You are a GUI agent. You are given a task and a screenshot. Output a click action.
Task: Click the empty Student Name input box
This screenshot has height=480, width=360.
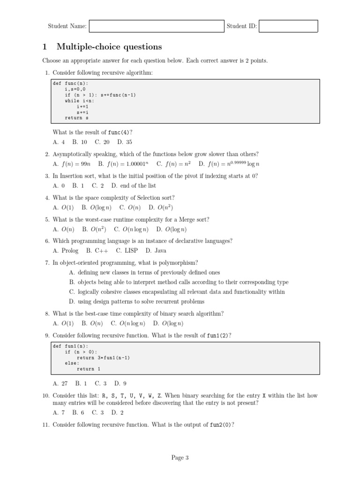157,26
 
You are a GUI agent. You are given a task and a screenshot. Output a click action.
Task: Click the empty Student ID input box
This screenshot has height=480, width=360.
288,26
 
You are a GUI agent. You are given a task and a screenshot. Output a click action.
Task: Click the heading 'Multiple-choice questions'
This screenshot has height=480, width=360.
109,47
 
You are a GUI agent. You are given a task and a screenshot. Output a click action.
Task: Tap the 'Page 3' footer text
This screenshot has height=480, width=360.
180,458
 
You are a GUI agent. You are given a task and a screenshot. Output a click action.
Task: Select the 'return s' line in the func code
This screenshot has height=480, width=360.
76,118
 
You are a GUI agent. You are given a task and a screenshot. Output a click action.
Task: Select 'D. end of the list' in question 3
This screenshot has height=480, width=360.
134,186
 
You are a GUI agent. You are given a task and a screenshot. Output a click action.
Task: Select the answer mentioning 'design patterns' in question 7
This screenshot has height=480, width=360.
136,301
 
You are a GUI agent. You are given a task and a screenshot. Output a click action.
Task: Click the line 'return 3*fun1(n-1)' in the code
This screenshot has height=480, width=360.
103,358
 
